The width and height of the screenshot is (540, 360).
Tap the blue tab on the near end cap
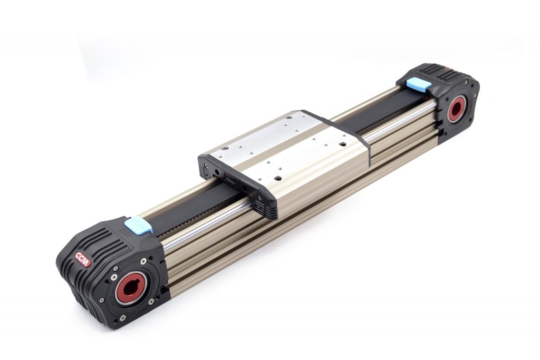pyautogui.click(x=138, y=225)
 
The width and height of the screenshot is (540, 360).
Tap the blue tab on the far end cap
pyautogui.click(x=418, y=84)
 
